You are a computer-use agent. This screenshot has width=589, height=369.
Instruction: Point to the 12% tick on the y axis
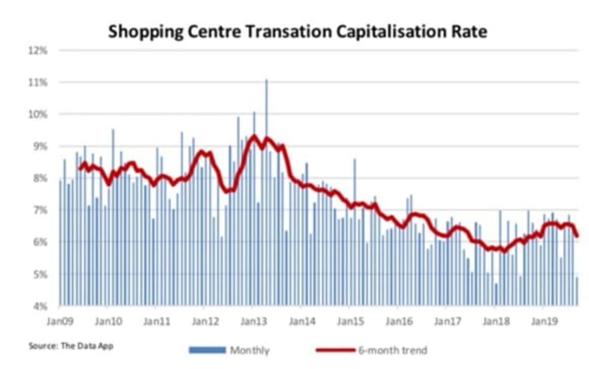coord(39,50)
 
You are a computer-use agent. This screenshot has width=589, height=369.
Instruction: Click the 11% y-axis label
coord(39,82)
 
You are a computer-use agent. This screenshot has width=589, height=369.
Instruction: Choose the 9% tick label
coord(41,146)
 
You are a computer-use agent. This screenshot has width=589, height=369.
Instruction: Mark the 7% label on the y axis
coord(41,210)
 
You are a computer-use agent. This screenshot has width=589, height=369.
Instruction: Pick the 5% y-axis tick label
coord(41,274)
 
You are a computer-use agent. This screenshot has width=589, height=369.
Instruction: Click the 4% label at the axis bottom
coord(41,306)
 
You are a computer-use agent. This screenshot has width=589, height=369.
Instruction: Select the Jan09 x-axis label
coord(59,321)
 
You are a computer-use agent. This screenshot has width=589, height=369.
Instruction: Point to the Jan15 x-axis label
coord(350,321)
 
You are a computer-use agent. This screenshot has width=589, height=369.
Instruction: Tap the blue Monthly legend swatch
coord(207,350)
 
